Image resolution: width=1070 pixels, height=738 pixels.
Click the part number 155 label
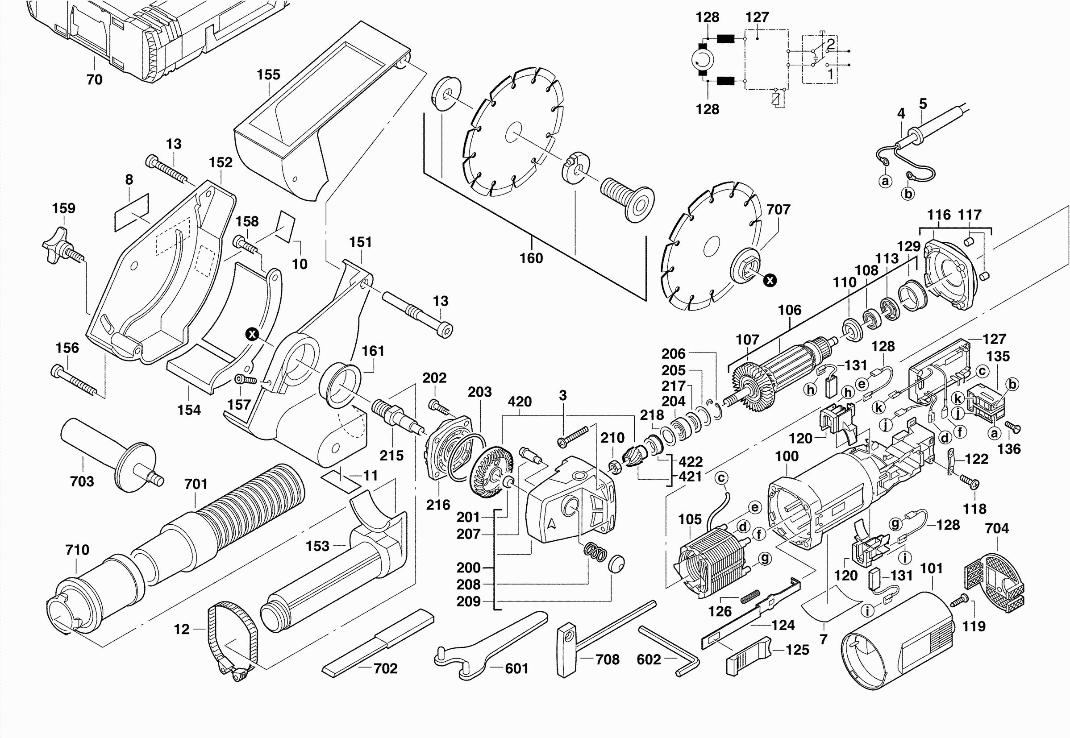click(268, 75)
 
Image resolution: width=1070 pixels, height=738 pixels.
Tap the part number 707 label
click(778, 209)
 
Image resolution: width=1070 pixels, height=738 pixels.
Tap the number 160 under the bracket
click(531, 258)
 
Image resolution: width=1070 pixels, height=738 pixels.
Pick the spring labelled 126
click(750, 597)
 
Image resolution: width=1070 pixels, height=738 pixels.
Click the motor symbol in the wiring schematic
click(703, 60)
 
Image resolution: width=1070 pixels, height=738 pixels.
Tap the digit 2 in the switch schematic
click(830, 44)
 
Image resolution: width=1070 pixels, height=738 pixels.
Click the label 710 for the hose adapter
click(77, 550)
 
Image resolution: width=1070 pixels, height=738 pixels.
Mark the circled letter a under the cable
click(885, 181)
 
